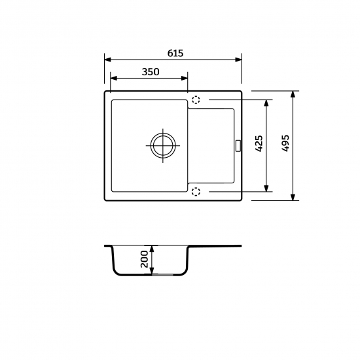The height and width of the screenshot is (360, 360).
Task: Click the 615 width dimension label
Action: point(175,53)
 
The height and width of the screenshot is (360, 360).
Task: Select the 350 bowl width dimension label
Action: point(151,72)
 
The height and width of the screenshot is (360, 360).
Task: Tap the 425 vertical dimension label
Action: point(259,143)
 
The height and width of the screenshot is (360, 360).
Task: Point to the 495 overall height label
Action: point(285,143)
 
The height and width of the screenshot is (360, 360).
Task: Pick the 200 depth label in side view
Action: point(145,259)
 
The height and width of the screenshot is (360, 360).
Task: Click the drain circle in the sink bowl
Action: point(163,145)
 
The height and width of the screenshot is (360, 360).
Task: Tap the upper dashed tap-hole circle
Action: point(196,100)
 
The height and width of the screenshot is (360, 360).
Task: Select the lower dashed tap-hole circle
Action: point(196,192)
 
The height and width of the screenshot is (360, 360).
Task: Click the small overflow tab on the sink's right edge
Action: point(238,146)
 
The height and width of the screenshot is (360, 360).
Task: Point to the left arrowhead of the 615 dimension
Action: point(108,60)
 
